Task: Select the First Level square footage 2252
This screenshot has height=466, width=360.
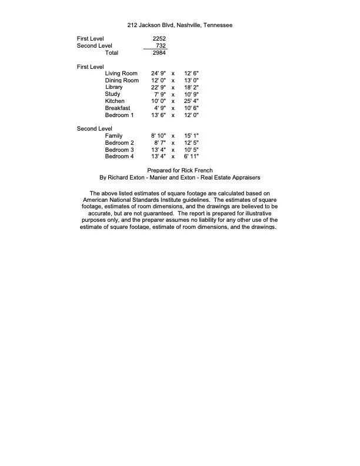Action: pyautogui.click(x=159, y=38)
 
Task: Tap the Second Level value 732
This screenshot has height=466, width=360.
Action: pyautogui.click(x=161, y=45)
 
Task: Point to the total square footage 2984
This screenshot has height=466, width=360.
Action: pyautogui.click(x=159, y=53)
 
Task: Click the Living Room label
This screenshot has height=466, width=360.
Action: pyautogui.click(x=121, y=74)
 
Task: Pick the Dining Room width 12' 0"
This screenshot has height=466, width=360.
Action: pyautogui.click(x=158, y=81)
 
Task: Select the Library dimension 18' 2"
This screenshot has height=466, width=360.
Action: pyautogui.click(x=191, y=88)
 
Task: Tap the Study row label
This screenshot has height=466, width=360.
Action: pyautogui.click(x=112, y=94)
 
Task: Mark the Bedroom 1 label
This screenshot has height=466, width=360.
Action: pyautogui.click(x=119, y=115)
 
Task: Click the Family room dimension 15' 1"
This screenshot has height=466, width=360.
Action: pyautogui.click(x=191, y=136)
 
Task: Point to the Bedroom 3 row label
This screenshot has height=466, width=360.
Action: pyautogui.click(x=119, y=150)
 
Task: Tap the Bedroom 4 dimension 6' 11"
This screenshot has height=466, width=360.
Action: pyautogui.click(x=191, y=157)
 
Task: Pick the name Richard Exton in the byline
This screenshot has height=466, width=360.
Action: pyautogui.click(x=126, y=177)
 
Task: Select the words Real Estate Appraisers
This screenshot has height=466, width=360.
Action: pyautogui.click(x=227, y=177)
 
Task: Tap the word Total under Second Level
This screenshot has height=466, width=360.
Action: pyautogui.click(x=111, y=53)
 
